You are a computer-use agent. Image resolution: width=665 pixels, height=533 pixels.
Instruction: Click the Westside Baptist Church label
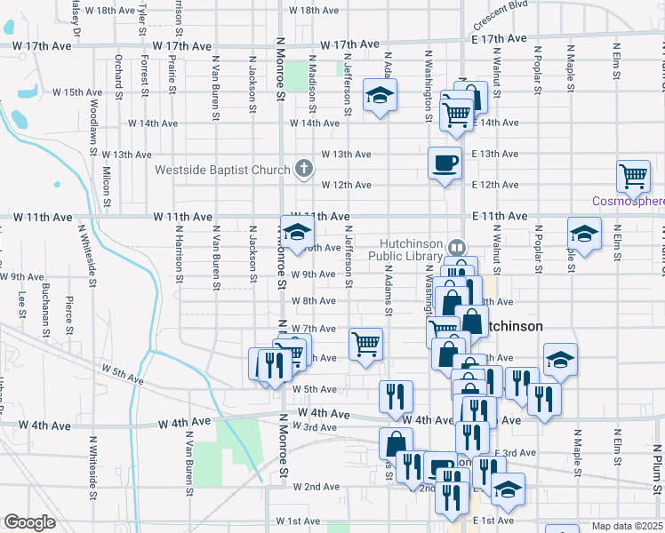point(223,170)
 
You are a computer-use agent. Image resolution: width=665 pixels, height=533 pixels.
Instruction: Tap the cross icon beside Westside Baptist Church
point(304,169)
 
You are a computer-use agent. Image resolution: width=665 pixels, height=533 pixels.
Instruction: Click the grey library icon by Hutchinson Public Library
point(456,247)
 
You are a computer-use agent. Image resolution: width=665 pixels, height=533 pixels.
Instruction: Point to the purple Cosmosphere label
point(629,201)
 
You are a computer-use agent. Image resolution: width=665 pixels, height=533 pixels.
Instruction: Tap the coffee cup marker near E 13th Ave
point(445,163)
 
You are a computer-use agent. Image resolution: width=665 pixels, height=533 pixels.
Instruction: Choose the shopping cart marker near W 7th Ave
point(365,345)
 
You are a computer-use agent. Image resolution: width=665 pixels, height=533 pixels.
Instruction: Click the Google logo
point(29,522)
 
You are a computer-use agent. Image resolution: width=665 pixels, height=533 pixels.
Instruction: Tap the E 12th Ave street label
point(495,185)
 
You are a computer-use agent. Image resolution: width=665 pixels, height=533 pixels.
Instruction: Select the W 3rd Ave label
point(321,427)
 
